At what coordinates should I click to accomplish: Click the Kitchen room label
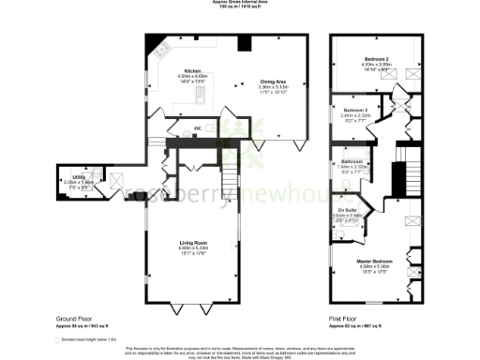(193, 70)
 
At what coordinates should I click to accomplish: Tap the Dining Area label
(274, 82)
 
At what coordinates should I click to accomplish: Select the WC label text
(198, 128)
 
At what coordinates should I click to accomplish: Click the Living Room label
(192, 243)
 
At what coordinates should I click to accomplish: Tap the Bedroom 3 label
(345, 110)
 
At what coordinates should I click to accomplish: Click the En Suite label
(348, 209)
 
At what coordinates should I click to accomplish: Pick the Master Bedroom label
(373, 262)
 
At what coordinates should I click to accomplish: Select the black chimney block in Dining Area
(245, 42)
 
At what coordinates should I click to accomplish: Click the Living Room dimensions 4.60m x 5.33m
(192, 248)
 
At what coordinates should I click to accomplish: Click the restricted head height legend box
(56, 338)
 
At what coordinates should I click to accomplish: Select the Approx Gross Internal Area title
(239, 3)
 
